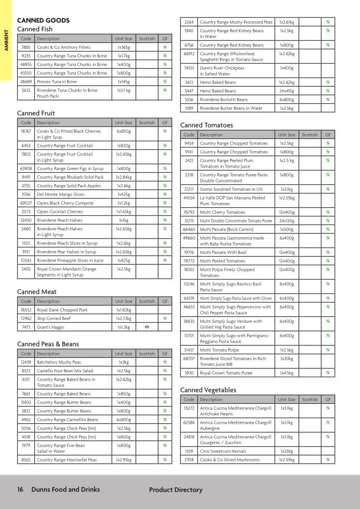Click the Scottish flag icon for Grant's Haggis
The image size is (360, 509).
(147, 327)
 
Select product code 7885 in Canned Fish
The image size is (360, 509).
(26, 47)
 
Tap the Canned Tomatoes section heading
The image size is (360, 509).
(207, 125)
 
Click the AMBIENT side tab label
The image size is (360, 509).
(6, 40)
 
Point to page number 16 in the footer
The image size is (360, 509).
(20, 489)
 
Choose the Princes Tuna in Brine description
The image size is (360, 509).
(57, 82)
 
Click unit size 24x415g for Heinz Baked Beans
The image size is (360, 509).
(286, 91)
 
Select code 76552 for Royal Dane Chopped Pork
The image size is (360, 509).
(26, 310)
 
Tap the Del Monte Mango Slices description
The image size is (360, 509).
(61, 195)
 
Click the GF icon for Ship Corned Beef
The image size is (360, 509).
(165, 318)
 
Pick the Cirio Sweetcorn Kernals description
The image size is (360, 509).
(223, 451)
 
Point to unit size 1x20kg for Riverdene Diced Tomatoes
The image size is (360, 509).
(286, 359)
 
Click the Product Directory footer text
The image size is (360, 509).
(176, 490)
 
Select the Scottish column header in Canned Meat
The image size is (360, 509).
(147, 301)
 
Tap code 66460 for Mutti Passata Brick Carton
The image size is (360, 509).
(189, 229)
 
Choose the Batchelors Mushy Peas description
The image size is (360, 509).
(59, 362)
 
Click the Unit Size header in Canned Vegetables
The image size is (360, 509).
(286, 399)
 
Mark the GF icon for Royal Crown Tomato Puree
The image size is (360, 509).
(328, 373)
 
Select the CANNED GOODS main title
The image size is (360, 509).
(43, 20)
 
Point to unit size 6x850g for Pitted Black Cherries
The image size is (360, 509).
(124, 131)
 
